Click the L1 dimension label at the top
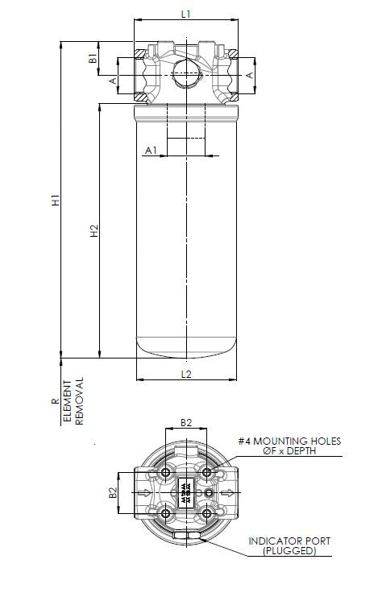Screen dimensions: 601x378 (186, 14)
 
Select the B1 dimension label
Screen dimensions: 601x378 (94, 60)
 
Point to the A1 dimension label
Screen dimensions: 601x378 (150, 151)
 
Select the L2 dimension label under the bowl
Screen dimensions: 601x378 (186, 374)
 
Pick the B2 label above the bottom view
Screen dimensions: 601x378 (185, 422)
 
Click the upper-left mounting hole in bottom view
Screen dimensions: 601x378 (166, 471)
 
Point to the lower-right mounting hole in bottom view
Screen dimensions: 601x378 (207, 512)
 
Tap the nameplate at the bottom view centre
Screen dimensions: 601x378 (186, 491)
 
